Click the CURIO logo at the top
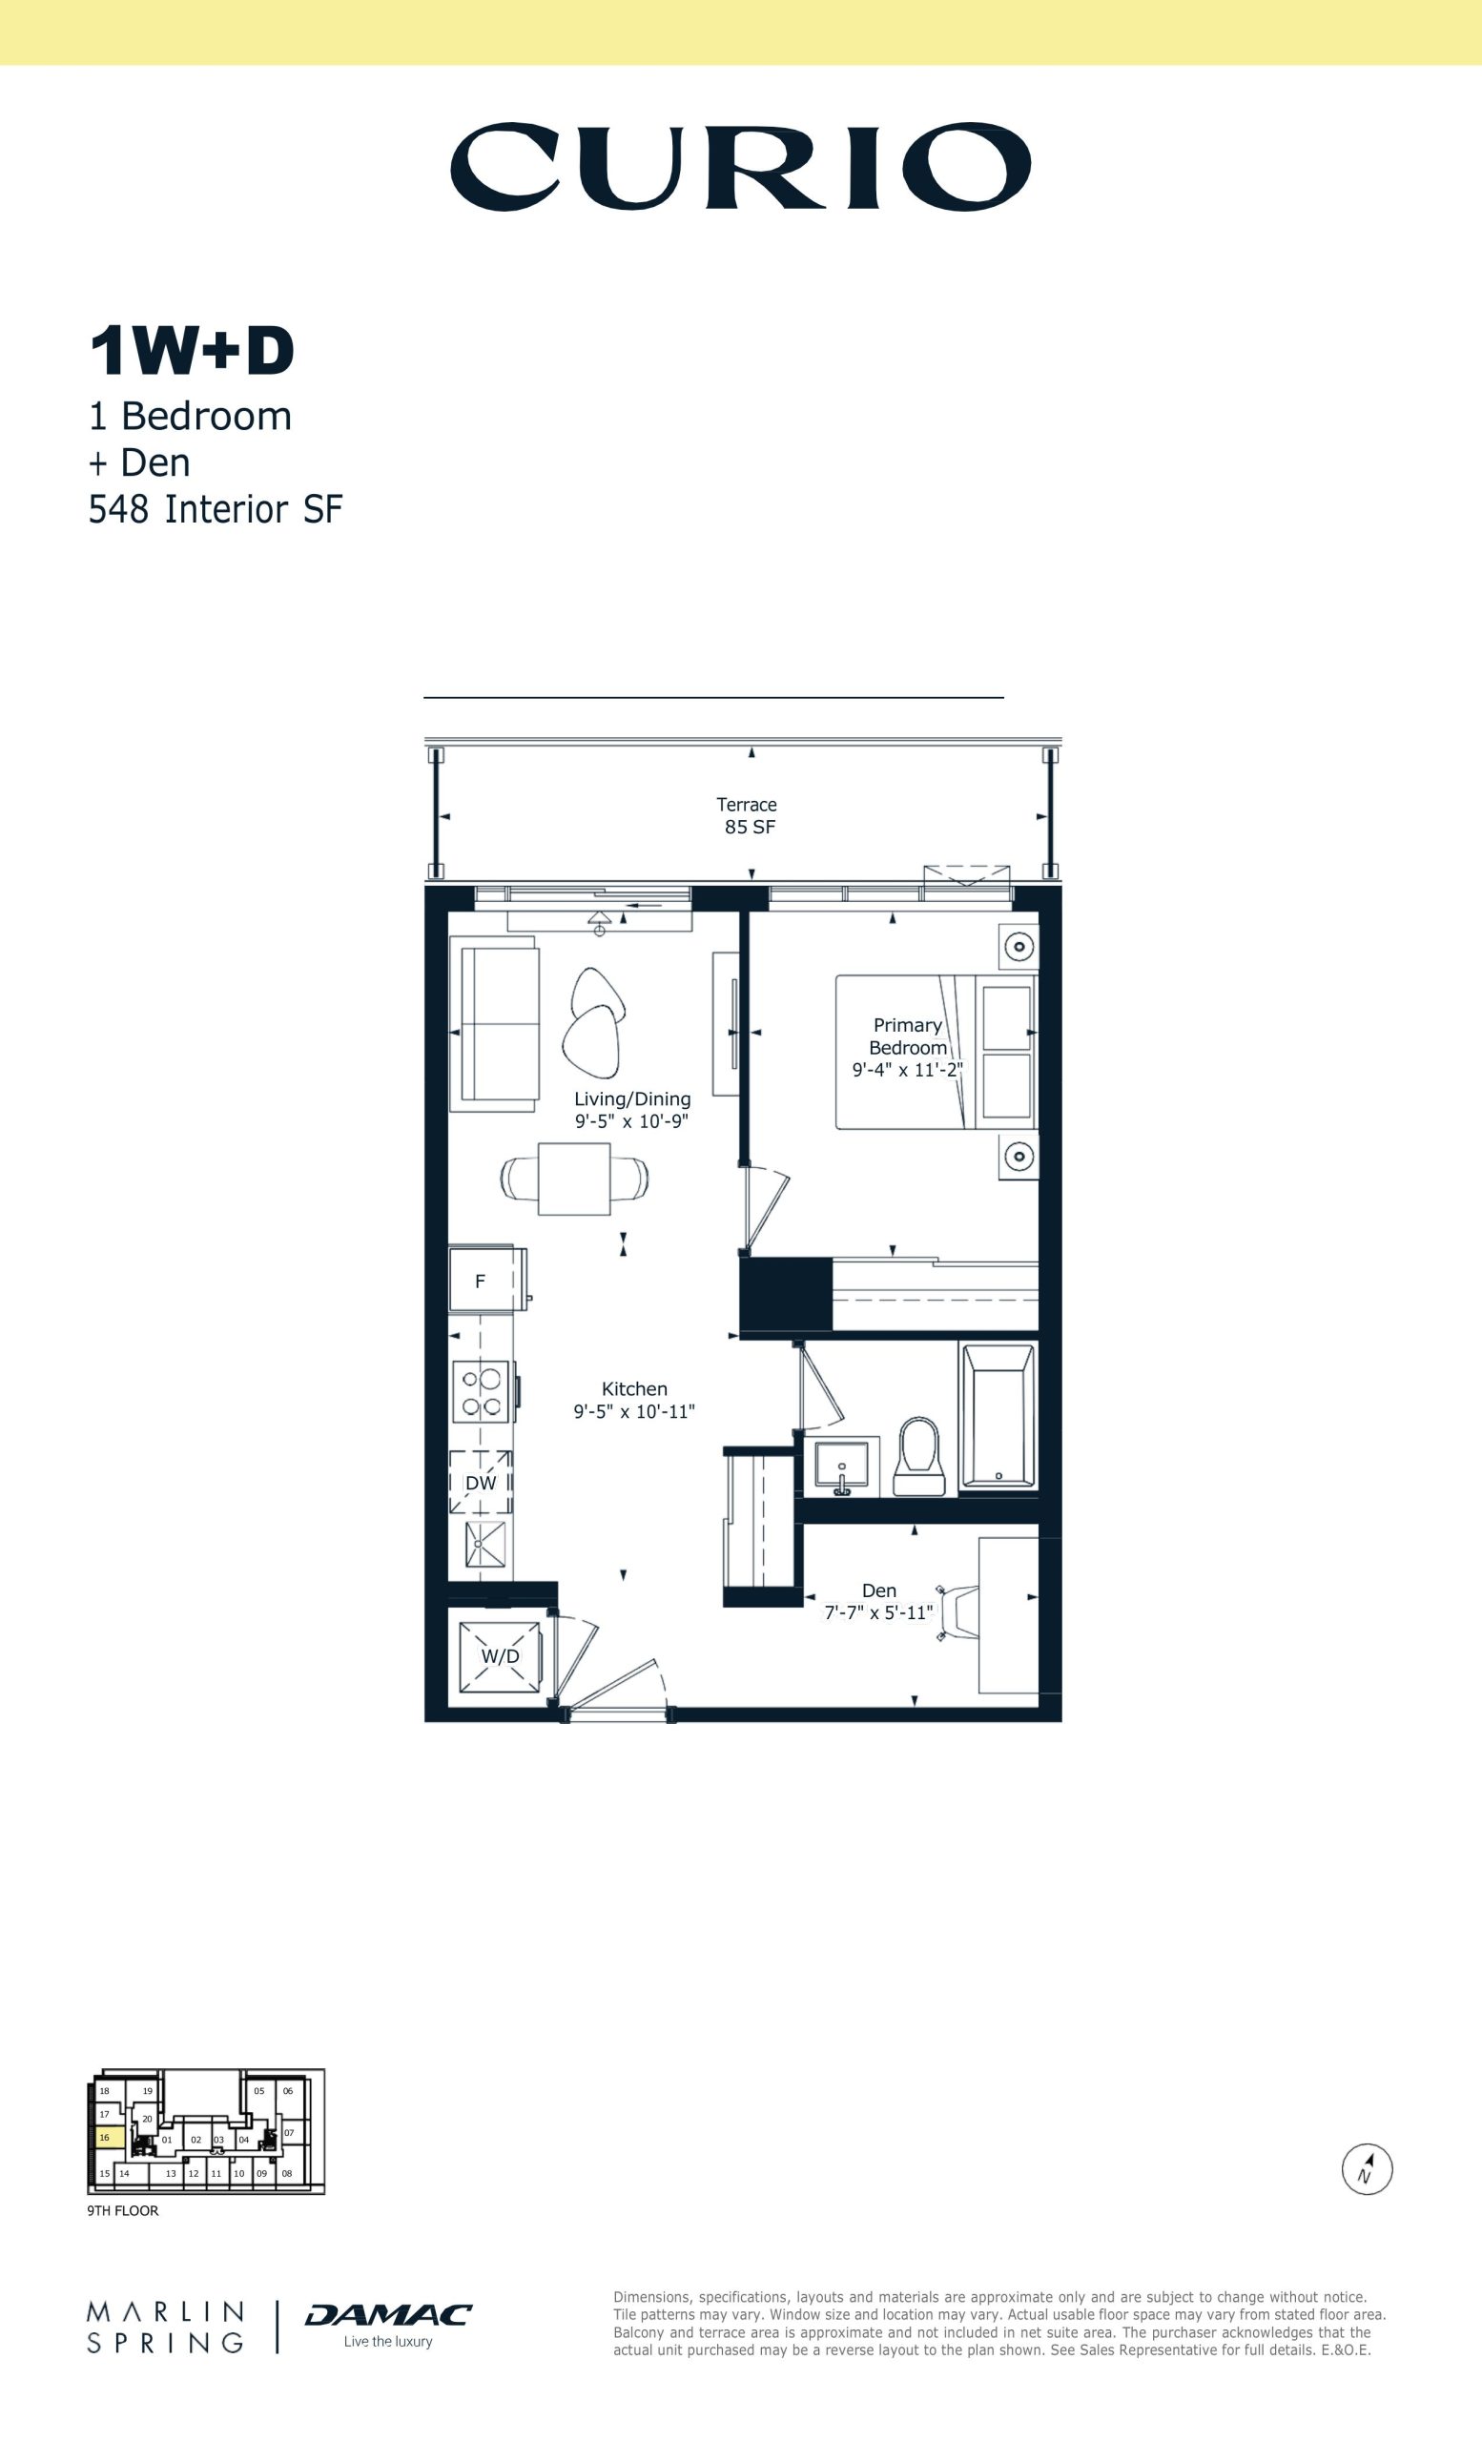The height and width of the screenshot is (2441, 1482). [740, 166]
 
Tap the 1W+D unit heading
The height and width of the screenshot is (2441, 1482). [193, 351]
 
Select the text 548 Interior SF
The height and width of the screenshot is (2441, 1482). [215, 509]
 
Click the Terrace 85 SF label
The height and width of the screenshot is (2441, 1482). [748, 815]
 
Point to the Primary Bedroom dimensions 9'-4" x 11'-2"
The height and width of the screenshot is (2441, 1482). [908, 1070]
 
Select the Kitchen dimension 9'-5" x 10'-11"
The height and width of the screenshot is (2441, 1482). [634, 1412]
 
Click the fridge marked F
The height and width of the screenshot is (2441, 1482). [485, 1280]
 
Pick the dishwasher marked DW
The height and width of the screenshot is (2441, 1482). [481, 1482]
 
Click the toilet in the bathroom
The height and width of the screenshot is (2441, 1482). [919, 1455]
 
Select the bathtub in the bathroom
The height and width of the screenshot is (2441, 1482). [998, 1414]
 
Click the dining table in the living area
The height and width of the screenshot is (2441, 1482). [574, 1179]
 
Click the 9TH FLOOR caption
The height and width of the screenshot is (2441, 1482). [123, 2210]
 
